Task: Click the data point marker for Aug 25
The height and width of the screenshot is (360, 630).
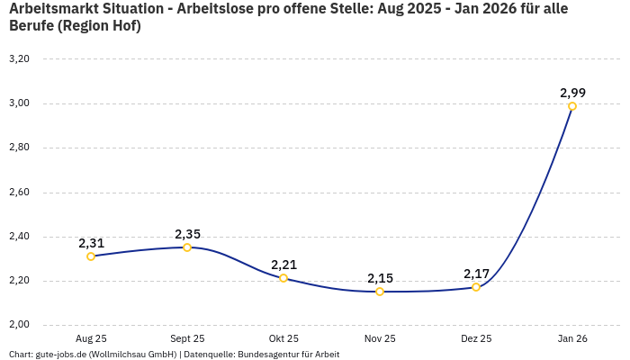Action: click(x=91, y=256)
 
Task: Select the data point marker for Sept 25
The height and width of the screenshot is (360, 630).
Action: click(x=187, y=247)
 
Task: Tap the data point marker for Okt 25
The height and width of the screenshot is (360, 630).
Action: click(x=283, y=278)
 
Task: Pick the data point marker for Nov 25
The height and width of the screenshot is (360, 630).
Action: click(x=380, y=292)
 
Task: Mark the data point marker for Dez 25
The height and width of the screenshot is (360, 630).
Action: click(x=476, y=287)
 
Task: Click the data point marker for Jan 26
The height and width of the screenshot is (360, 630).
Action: click(x=572, y=106)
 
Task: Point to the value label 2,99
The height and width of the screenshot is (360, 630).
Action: click(x=572, y=93)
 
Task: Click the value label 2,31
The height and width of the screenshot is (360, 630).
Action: click(x=91, y=243)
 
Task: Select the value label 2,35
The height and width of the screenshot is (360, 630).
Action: click(x=187, y=234)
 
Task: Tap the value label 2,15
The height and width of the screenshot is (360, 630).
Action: click(x=380, y=278)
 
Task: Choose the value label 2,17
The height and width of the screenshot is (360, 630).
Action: click(x=476, y=274)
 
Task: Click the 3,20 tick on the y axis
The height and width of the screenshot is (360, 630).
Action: click(x=19, y=59)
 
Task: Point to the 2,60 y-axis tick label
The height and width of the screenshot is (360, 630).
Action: click(x=19, y=193)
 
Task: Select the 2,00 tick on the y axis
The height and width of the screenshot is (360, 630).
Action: click(x=19, y=325)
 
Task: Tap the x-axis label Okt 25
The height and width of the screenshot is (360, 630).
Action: click(x=283, y=339)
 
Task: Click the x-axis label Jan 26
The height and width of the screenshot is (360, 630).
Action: click(x=572, y=339)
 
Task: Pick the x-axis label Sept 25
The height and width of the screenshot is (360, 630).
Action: click(x=187, y=339)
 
